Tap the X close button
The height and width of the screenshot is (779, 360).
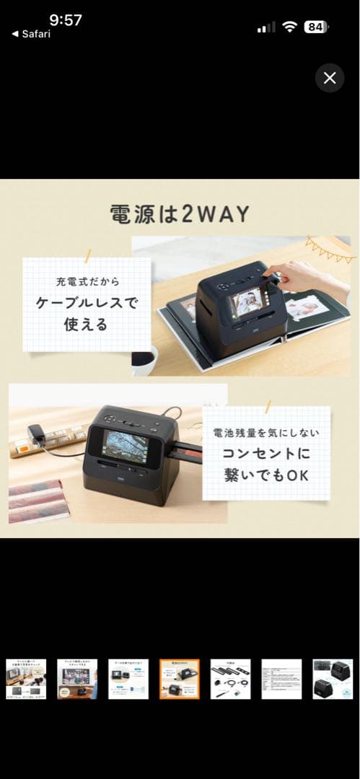[x=330, y=78]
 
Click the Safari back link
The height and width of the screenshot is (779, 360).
[x=31, y=34]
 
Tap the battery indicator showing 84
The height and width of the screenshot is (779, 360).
[x=315, y=27]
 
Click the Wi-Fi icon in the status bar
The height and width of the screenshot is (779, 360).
[x=290, y=27]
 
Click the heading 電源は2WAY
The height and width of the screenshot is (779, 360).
[x=179, y=214]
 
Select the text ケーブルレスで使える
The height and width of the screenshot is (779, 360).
[x=87, y=314]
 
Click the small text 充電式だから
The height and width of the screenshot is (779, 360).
[x=86, y=281]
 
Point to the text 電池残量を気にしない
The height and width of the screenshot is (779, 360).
[x=265, y=434]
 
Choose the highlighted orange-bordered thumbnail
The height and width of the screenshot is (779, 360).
[x=179, y=679]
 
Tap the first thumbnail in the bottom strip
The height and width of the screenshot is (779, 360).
[x=25, y=679]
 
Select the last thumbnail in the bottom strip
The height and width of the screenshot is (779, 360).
[x=333, y=679]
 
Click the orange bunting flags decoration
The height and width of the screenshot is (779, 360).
[x=329, y=250]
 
